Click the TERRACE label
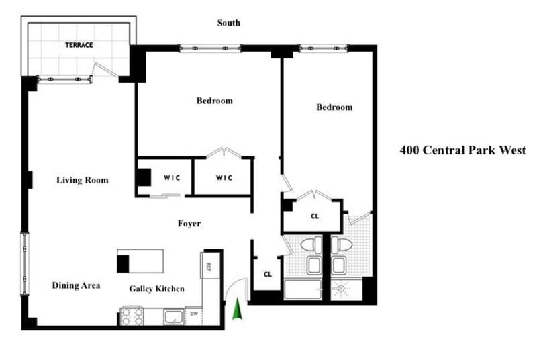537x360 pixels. [x=79, y=46]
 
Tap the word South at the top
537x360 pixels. [x=228, y=23]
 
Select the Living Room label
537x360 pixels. [x=82, y=180]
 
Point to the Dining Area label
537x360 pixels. [x=76, y=285]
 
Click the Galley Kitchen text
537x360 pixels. [x=156, y=289]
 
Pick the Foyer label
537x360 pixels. [x=189, y=224]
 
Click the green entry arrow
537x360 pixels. [x=236, y=310]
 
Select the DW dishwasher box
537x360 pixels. [x=193, y=314]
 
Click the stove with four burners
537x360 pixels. [x=131, y=316]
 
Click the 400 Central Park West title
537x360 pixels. [x=462, y=150]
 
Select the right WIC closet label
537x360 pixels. [x=224, y=177]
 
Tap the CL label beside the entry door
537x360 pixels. [x=267, y=274]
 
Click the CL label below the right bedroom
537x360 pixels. [x=314, y=216]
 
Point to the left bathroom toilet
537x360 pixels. [x=310, y=244]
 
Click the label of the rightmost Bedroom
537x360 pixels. [x=334, y=107]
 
